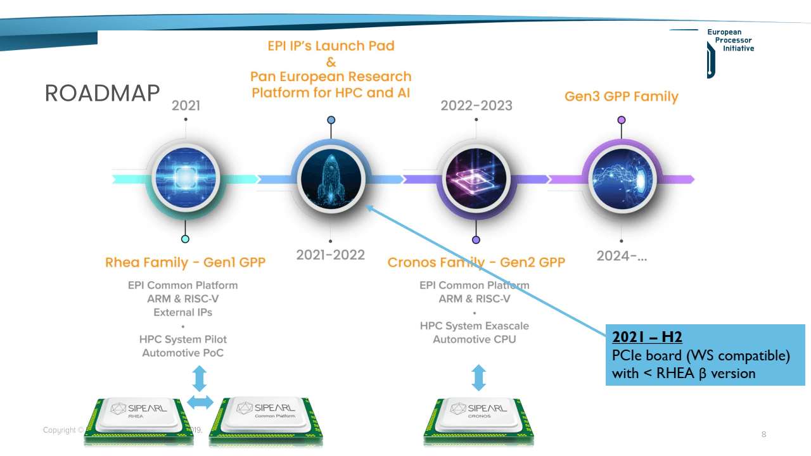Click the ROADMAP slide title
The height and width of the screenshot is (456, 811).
tap(102, 93)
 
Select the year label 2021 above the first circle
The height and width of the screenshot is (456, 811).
tap(186, 105)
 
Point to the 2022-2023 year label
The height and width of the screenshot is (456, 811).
tap(476, 105)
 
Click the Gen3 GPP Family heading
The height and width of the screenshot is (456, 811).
tap(621, 97)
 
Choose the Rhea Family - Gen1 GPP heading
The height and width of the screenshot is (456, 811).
tap(185, 262)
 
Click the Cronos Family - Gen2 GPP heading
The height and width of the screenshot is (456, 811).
tap(476, 262)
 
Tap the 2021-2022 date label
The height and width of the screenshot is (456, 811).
tap(331, 255)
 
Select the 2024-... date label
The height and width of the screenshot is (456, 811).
tap(622, 256)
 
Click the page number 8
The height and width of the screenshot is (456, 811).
tap(763, 434)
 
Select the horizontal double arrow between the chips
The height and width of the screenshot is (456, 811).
tap(200, 402)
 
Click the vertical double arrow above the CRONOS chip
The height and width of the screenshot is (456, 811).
tap(479, 377)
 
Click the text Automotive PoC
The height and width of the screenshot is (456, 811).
tap(182, 353)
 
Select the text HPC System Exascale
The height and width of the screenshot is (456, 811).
tap(474, 326)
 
